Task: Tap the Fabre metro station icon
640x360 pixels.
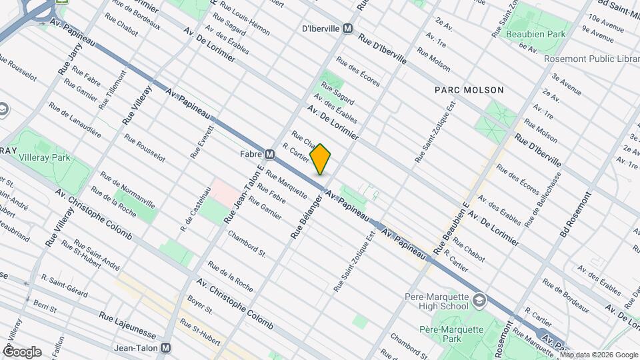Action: pos(270,155)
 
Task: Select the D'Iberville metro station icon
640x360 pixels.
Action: pos(347,29)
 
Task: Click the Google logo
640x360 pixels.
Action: pos(21,352)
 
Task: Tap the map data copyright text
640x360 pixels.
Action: pos(599,355)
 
